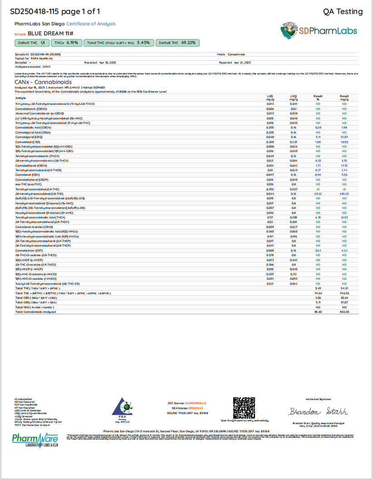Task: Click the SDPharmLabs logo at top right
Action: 319,30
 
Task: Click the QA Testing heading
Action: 343,12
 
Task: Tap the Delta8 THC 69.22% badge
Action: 177,43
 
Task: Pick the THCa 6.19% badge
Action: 66,43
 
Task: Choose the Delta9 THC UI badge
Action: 31,43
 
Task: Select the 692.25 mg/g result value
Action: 344,194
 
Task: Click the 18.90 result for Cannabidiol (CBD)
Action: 344,142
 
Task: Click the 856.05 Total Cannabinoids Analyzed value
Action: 344,312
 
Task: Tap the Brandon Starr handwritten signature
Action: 318,411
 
